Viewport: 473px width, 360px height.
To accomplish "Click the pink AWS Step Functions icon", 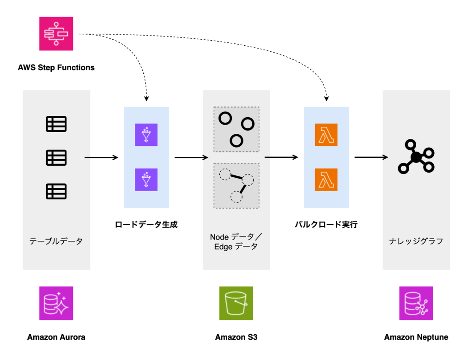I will tap(56, 34).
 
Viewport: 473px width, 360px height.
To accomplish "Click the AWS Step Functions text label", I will tap(56, 67).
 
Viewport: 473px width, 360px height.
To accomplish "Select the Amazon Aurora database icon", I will tap(56, 303).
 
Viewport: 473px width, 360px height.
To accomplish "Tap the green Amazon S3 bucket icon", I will tap(236, 303).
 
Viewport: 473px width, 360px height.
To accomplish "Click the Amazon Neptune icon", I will tap(416, 303).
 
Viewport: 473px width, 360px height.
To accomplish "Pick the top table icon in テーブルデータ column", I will tap(56, 124).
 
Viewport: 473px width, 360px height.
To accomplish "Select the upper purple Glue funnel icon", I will tap(146, 135).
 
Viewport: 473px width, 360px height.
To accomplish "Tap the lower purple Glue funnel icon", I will tap(146, 180).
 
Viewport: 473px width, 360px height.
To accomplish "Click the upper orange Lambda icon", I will tap(326, 135).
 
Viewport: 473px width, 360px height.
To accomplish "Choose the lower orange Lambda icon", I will tap(326, 180).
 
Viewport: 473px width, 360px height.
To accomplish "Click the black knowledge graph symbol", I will tap(416, 157).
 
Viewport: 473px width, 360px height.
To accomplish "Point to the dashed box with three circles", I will tap(236, 130).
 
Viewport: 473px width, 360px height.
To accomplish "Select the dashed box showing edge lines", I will tap(236, 186).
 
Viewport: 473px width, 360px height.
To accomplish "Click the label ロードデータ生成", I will tap(146, 225).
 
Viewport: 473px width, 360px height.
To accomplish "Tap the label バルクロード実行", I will tap(326, 225).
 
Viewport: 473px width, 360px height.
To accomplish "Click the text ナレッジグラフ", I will tap(416, 241).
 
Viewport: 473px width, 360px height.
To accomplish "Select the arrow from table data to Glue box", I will tap(102, 158).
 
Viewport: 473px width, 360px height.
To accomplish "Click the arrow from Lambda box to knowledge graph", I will tap(371, 158).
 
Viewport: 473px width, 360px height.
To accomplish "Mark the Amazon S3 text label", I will tap(236, 337).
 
